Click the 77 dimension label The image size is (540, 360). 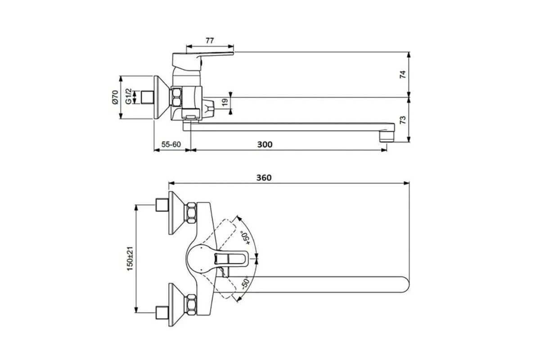[210, 40]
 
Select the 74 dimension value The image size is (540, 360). [403, 74]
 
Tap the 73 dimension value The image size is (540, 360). [403, 120]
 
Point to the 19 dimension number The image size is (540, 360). [225, 102]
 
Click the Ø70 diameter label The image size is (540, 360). [115, 97]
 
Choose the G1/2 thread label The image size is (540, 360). [129, 96]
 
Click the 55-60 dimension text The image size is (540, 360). [171, 144]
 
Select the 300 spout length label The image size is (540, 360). [265, 144]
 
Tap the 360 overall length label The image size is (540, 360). [264, 178]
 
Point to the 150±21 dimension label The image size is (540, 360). [130, 259]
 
